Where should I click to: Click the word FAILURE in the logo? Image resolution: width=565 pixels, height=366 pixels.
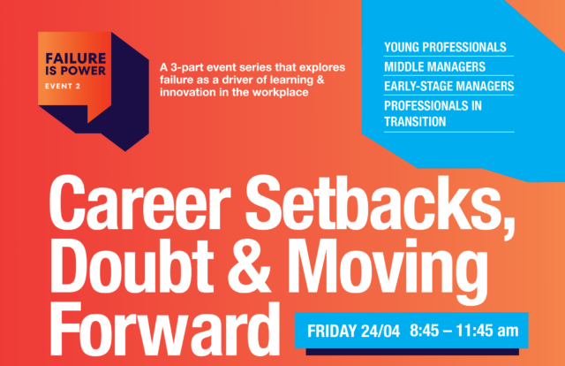pos(76,58)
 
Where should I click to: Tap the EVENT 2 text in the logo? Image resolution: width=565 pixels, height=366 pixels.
pos(63,87)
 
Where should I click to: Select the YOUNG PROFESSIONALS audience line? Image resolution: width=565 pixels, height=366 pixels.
pos(445,47)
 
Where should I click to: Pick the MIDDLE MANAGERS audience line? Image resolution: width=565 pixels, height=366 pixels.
pos(434,67)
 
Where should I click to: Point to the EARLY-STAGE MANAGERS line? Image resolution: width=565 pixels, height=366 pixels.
pos(449,87)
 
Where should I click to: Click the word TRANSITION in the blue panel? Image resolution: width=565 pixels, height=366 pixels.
pos(415,122)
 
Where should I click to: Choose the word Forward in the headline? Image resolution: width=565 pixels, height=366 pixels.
pos(165,329)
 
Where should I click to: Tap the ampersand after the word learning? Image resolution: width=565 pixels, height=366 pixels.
pos(320,80)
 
